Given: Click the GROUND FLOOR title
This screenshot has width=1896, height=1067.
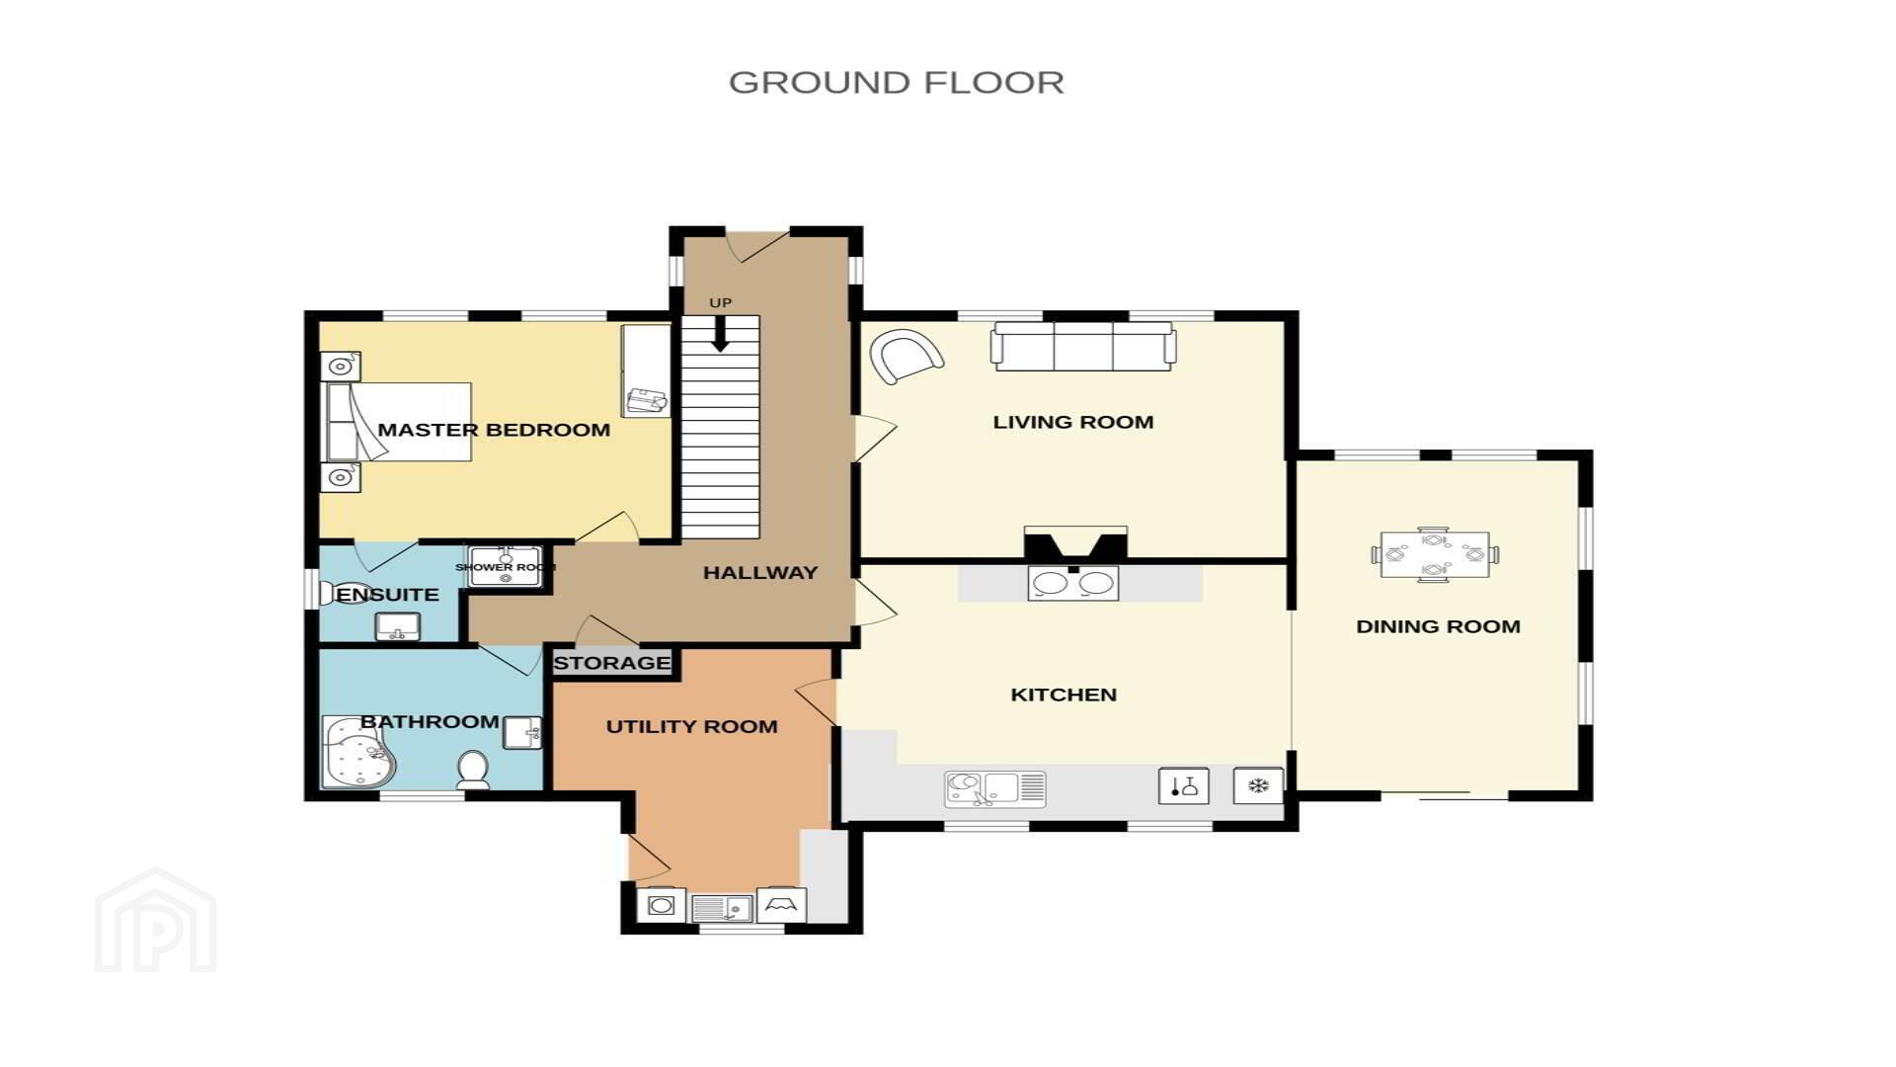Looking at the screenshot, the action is click(897, 82).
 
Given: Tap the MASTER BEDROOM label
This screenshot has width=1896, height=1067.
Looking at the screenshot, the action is click(494, 430).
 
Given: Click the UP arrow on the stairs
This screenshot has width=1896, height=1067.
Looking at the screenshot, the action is click(720, 333).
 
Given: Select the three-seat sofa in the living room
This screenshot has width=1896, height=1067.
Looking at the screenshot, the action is click(1084, 347).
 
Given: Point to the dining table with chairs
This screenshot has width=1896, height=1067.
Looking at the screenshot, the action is click(1435, 555).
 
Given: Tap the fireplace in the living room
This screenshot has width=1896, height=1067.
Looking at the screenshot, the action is click(1075, 544).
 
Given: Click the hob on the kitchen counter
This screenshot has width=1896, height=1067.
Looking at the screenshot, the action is click(1073, 583).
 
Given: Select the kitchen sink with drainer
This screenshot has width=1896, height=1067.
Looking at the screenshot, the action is click(995, 789).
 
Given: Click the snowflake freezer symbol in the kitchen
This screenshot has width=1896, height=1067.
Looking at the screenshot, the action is click(1258, 786).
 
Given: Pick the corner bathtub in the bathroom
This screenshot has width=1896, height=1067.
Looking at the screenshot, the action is click(358, 752).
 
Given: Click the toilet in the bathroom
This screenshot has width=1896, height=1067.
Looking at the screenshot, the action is click(474, 770).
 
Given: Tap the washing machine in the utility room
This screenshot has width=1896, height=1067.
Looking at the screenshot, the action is click(662, 904).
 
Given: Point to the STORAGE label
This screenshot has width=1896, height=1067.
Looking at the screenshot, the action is click(612, 663).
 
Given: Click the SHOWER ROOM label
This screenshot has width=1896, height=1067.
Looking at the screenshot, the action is click(506, 567).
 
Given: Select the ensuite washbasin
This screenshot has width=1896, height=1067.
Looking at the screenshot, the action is click(398, 626).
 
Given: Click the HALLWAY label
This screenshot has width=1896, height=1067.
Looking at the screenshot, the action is click(760, 572).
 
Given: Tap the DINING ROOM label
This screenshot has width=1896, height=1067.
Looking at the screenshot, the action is click(1438, 626).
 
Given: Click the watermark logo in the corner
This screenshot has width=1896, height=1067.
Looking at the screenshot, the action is click(156, 920).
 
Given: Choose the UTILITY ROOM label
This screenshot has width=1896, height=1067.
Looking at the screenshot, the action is click(691, 727).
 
